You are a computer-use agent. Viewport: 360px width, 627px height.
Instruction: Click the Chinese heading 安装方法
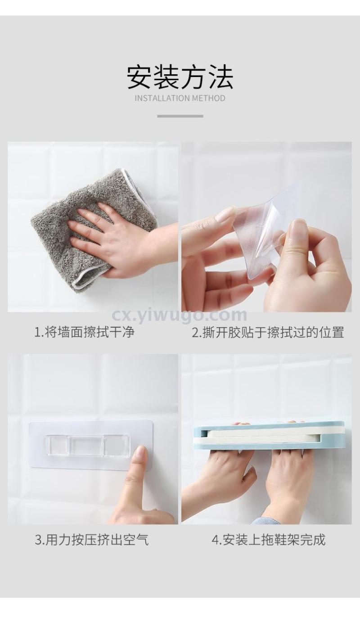point(180,77)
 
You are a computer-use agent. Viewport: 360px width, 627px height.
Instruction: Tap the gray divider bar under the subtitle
point(180,116)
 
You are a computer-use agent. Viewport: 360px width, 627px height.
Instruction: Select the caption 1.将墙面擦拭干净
point(84,332)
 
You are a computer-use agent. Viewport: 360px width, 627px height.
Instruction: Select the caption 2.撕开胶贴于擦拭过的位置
point(268,332)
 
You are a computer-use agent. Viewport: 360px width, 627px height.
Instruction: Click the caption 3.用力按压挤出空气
point(91,539)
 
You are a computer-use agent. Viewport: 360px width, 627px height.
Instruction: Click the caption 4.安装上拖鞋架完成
point(269,539)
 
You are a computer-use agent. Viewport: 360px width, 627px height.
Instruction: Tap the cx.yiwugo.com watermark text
point(179,316)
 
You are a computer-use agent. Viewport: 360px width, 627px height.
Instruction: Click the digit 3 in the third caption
point(38,540)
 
